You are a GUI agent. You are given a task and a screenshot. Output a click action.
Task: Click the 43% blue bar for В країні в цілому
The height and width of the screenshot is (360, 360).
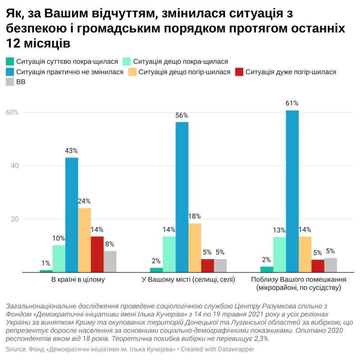[72, 215]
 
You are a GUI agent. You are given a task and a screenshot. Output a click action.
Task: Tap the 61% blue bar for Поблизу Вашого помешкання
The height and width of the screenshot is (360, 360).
[292, 191]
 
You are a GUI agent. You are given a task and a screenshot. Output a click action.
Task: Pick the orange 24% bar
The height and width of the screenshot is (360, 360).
[84, 240]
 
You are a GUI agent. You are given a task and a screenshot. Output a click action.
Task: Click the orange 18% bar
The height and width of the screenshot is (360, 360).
[194, 248]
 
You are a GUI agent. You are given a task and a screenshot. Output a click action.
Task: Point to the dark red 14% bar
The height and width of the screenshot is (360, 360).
[97, 254]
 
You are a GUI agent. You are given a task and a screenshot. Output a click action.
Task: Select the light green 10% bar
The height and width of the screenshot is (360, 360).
[59, 258]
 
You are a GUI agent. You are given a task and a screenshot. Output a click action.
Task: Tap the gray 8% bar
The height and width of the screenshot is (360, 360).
[110, 261]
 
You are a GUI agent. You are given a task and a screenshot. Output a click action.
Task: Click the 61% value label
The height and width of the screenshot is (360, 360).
[292, 103]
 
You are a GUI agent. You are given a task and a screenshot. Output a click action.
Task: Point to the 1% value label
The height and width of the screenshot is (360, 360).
[46, 263]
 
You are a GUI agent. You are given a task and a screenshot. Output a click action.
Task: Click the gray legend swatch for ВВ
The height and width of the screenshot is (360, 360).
[10, 82]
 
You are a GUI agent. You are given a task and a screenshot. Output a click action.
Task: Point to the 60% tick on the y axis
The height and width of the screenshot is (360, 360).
[12, 112]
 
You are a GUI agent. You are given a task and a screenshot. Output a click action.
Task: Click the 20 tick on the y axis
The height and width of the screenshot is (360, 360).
[13, 219]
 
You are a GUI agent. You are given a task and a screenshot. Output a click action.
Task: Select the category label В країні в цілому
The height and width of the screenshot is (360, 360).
[78, 280]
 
